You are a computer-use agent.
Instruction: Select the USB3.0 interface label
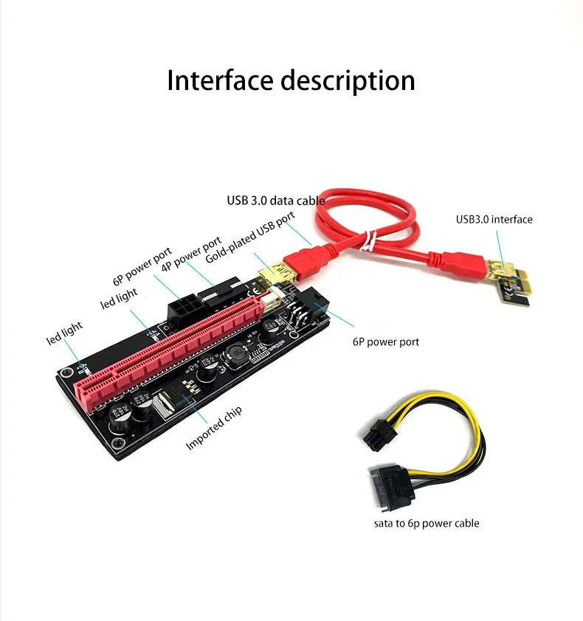coord(494,219)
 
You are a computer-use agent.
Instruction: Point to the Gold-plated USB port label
coord(249,237)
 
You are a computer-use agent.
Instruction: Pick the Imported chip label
coord(213,428)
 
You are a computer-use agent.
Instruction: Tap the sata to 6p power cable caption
coord(426,523)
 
